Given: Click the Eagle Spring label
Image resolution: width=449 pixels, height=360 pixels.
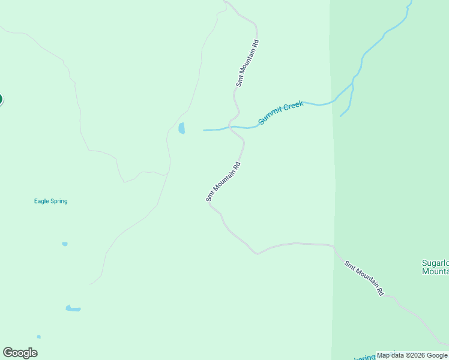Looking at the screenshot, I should point(50,201).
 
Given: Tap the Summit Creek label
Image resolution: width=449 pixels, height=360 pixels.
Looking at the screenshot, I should point(280,113).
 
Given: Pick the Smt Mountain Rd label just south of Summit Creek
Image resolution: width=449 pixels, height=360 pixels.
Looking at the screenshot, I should point(223,182).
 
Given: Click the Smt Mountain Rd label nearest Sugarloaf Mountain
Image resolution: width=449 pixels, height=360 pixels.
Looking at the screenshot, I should point(364,278).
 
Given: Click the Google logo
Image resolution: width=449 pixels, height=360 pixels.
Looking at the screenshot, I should point(20,353).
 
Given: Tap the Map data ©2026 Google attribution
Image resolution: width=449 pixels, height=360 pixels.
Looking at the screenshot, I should point(412,355).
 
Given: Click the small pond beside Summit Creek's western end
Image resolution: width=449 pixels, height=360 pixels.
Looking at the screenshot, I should point(182,128).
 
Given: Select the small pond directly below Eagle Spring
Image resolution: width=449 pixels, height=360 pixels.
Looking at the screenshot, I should point(65,244).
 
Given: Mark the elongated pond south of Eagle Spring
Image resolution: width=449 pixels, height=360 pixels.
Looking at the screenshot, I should point(73,309).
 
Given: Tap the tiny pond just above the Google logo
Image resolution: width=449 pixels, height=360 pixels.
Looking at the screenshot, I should point(38,337).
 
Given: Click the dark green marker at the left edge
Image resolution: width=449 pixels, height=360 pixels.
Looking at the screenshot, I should point(1,100).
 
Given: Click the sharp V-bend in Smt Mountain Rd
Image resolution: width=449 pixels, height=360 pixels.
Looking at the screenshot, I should point(258,254).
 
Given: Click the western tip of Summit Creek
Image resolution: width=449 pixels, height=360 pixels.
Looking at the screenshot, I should point(204,130).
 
